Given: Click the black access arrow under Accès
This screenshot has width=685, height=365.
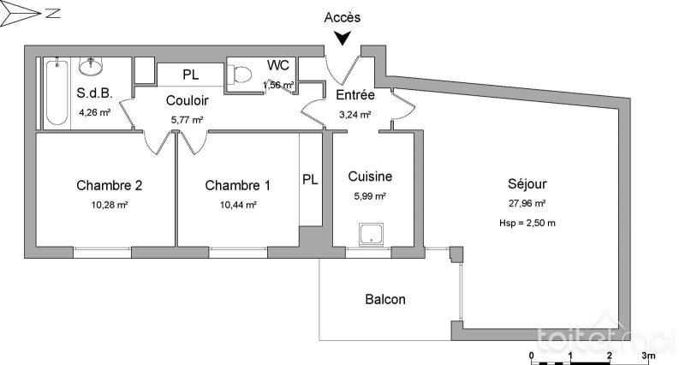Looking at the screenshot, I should [x=342, y=38].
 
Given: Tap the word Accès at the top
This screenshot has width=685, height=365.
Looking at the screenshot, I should [x=343, y=17].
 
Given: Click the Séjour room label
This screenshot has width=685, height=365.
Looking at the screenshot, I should [x=527, y=183].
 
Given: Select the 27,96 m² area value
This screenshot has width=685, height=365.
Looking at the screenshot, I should [x=527, y=204].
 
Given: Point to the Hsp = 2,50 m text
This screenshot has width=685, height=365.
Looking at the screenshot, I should [x=527, y=224].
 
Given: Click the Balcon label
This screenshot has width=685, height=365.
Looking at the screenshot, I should [x=385, y=300].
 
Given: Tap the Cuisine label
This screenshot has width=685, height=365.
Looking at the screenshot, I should [x=370, y=177].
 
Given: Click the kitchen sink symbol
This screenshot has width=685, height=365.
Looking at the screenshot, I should [x=372, y=234].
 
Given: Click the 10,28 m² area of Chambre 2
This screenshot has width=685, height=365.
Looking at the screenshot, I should [x=110, y=205].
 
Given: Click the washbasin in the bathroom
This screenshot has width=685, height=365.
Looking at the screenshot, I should [x=90, y=65].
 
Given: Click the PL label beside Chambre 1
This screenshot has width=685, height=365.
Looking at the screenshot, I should [x=310, y=180].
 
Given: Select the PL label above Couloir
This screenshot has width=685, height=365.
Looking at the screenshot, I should [x=190, y=75].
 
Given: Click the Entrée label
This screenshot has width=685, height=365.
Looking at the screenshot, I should [x=353, y=94].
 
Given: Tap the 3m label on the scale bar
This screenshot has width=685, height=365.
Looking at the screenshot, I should [x=648, y=354].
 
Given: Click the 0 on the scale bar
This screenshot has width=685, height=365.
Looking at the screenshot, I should [x=532, y=354].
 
